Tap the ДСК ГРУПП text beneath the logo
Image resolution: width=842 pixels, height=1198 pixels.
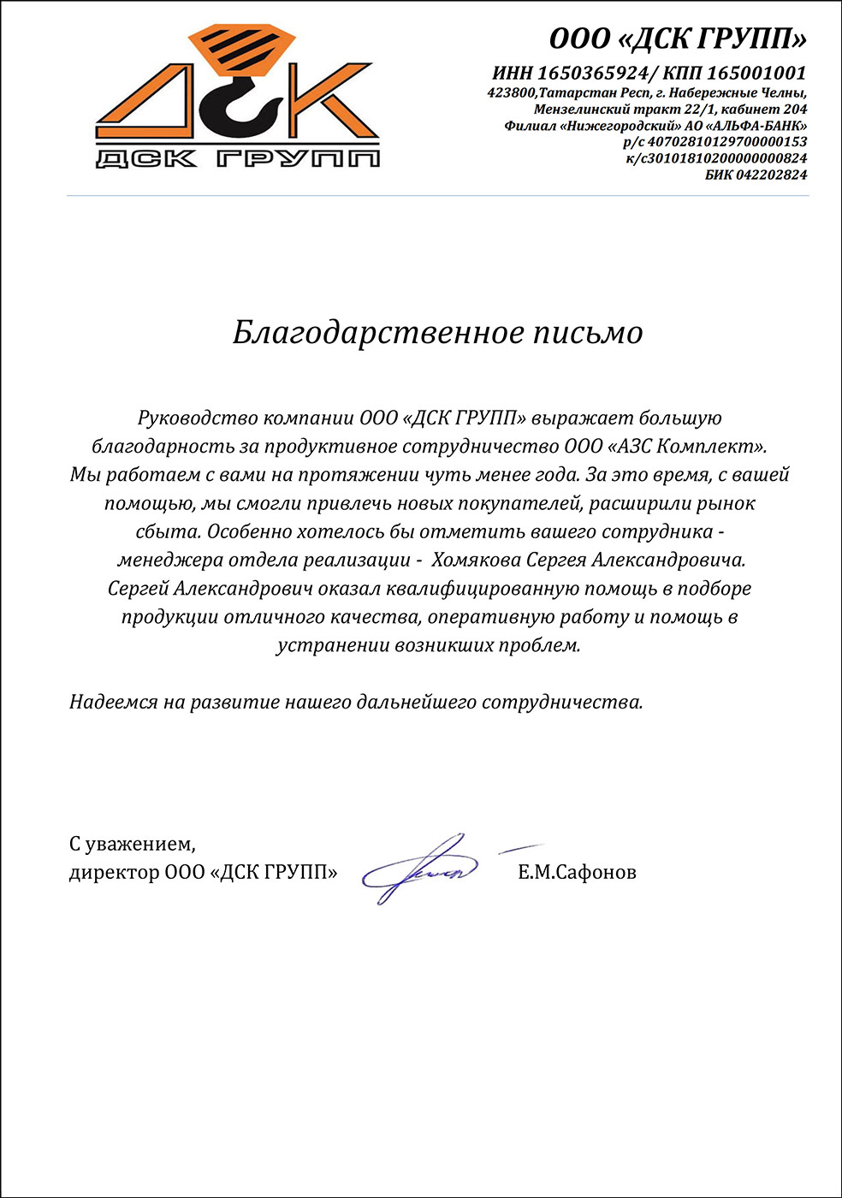(237, 157)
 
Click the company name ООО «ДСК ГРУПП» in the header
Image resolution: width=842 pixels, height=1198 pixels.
(678, 39)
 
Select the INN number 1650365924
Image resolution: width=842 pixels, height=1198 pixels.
(592, 74)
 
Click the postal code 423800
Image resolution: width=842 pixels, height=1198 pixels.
(512, 92)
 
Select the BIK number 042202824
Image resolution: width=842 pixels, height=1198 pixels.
(773, 175)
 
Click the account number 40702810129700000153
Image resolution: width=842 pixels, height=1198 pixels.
(726, 142)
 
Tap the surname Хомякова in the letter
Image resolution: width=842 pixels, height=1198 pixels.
(476, 560)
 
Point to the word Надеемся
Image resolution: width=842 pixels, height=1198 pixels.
(114, 702)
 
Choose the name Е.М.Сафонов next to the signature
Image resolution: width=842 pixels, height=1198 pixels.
(577, 872)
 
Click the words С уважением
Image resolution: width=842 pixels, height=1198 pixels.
(132, 845)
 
